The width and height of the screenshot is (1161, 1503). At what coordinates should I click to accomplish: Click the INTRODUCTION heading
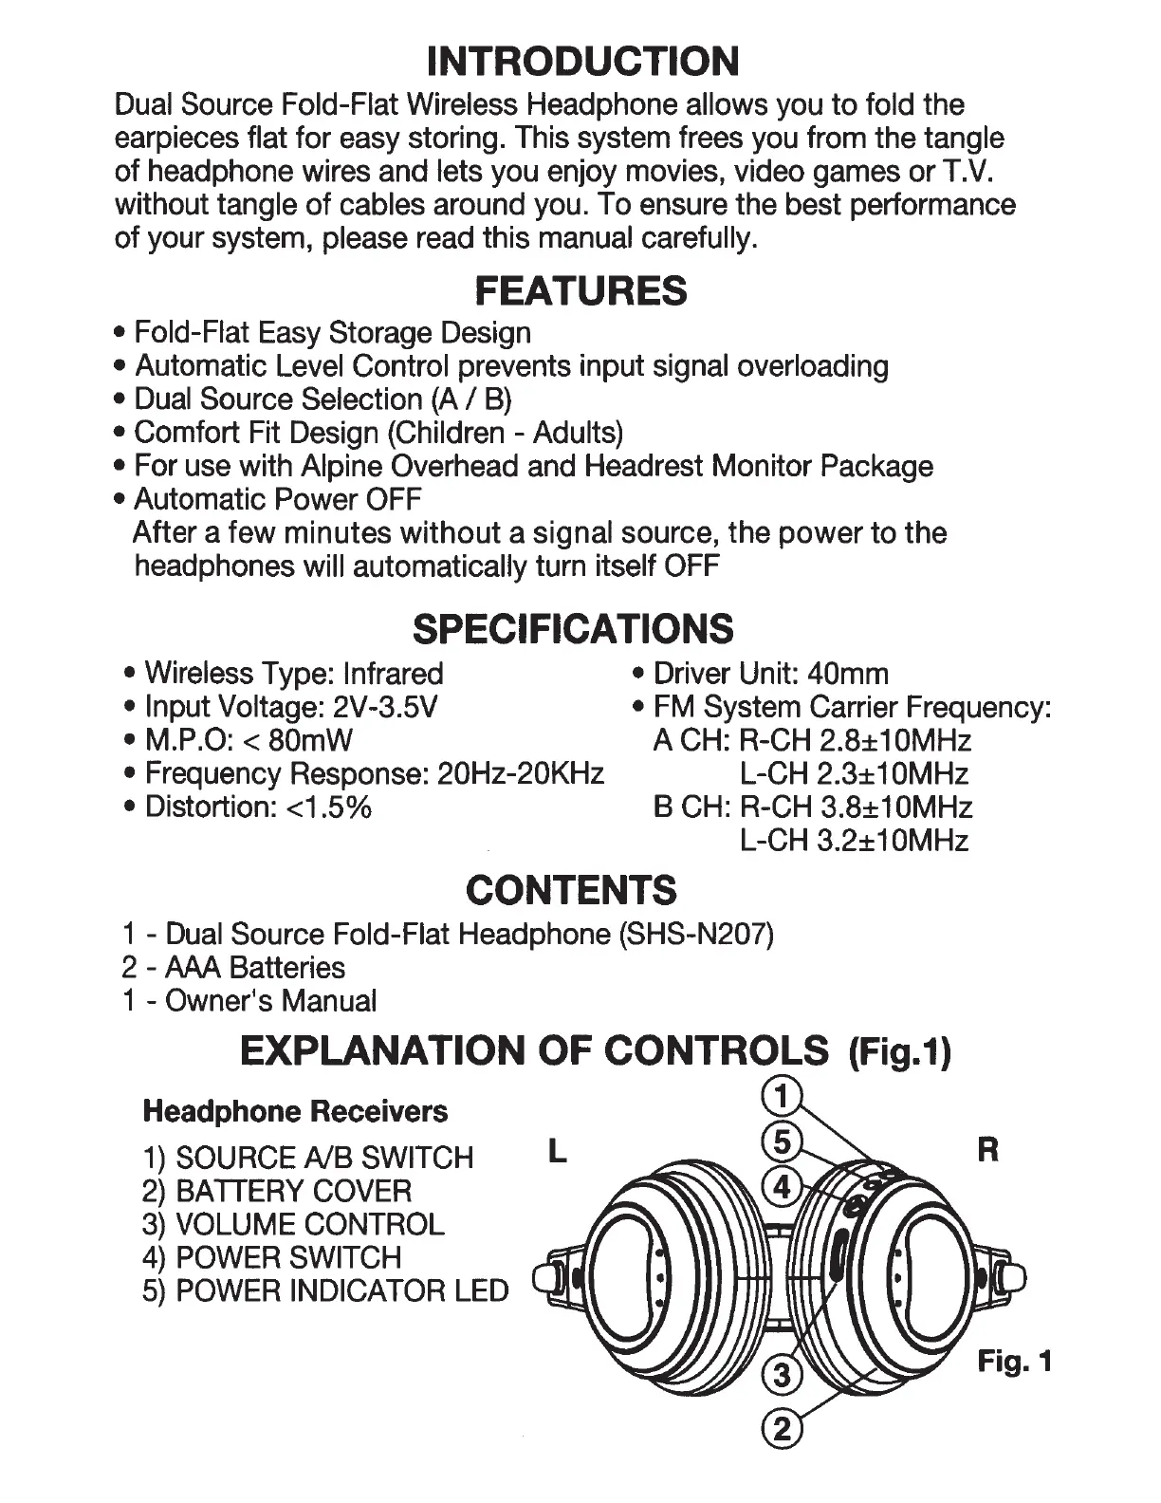(582, 61)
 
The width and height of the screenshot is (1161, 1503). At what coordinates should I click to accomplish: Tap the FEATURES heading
(580, 290)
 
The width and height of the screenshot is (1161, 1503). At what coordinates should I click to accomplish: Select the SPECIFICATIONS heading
(574, 628)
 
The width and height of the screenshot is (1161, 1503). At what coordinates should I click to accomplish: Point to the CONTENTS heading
(572, 890)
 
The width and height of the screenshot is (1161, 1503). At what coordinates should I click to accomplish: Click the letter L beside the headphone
(558, 1152)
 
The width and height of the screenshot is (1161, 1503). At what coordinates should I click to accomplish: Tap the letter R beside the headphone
(987, 1152)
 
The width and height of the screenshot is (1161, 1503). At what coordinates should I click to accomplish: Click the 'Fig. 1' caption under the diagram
(1015, 1363)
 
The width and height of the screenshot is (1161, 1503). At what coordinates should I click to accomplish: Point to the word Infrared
(393, 674)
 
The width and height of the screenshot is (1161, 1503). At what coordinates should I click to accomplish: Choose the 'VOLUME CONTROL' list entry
(309, 1224)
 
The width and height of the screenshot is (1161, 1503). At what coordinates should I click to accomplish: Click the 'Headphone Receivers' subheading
(295, 1111)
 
